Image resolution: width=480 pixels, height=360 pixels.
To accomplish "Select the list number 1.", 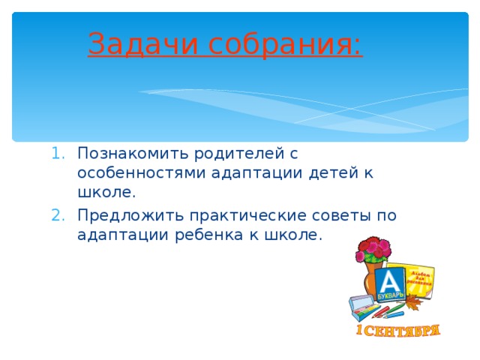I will tap(61, 154).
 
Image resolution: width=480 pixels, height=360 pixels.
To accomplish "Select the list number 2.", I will tap(61, 216).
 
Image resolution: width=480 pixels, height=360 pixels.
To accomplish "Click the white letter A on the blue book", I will tap(390, 282).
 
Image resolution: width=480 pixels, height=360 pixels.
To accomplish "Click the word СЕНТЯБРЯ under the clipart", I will tap(406, 330).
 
